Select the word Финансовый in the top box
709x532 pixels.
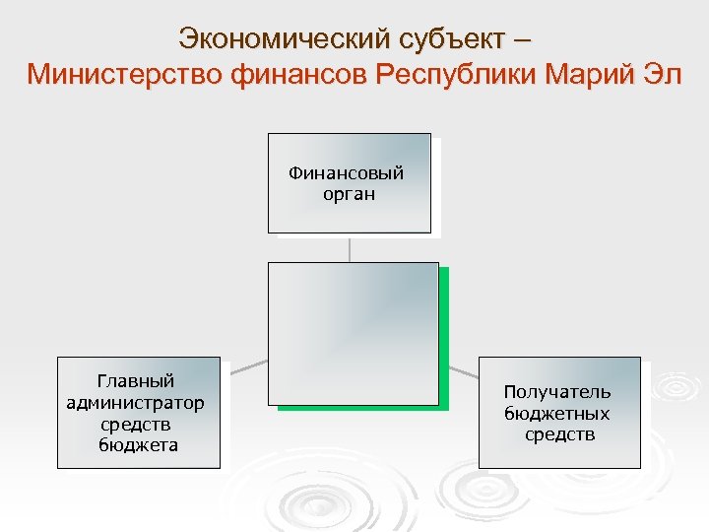click(347, 173)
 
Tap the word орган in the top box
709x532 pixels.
click(349, 193)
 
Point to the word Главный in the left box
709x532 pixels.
click(136, 381)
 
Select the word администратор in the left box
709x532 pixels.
click(136, 403)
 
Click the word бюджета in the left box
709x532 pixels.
click(138, 445)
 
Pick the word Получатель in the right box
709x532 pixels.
click(557, 392)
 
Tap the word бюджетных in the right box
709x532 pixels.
click(557, 414)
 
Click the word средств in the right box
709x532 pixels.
click(559, 434)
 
